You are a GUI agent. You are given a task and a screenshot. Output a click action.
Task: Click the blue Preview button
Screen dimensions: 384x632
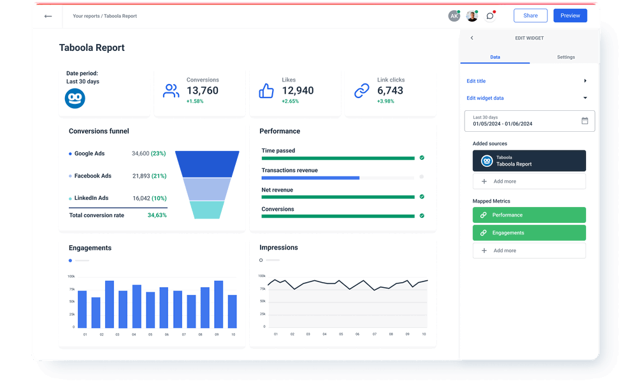tap(570, 16)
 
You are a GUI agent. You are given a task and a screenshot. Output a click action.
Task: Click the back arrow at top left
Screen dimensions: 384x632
tap(48, 16)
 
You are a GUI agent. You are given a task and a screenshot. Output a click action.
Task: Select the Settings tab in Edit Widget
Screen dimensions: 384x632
tap(566, 57)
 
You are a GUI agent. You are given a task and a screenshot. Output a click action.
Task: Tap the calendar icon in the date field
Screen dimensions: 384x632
tap(585, 121)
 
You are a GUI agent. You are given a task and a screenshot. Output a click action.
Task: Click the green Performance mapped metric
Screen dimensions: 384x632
tap(529, 215)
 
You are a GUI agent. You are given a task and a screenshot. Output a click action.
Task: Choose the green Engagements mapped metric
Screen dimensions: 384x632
tap(529, 233)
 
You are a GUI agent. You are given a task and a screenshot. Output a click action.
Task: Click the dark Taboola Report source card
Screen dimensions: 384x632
tap(529, 161)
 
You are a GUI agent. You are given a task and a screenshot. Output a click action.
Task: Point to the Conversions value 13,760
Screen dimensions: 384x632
tap(203, 90)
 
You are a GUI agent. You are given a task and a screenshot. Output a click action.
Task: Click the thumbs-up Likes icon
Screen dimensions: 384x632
tap(266, 91)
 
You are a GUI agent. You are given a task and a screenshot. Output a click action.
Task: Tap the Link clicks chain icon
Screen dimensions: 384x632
tap(362, 91)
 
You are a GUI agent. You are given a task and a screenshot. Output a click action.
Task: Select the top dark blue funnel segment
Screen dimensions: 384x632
tap(207, 164)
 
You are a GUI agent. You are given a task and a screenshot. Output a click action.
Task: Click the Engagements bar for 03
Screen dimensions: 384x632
tap(110, 304)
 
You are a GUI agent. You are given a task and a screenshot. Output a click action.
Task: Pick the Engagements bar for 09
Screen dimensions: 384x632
tap(219, 304)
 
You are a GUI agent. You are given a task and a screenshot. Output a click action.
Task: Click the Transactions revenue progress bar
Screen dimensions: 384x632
tap(338, 178)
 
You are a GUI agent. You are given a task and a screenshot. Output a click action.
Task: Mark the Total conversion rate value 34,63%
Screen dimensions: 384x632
tap(157, 215)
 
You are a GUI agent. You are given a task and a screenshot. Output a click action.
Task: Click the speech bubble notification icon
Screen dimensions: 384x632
tap(489, 16)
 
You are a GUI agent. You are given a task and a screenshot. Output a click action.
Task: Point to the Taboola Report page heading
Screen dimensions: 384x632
tap(92, 48)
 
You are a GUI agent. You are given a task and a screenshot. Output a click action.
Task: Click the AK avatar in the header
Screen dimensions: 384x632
tap(454, 16)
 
